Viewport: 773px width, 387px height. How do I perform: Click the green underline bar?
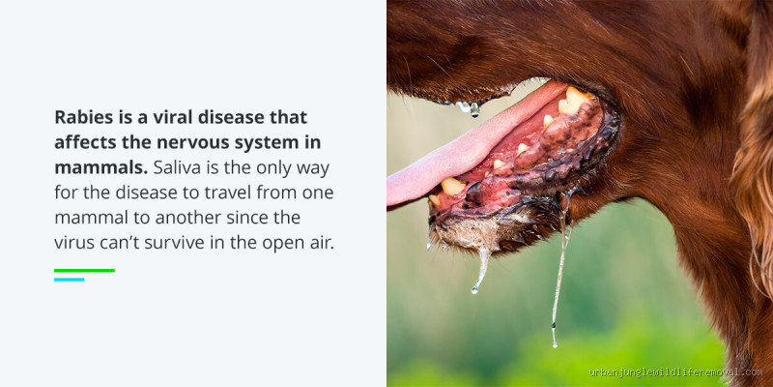coord(84,270)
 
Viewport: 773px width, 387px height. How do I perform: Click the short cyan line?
coord(69,280)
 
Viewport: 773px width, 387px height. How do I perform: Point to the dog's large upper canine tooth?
coord(576,99)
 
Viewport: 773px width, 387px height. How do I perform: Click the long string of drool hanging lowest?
coord(558,290)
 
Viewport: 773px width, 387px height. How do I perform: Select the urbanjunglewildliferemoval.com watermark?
coord(674,372)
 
